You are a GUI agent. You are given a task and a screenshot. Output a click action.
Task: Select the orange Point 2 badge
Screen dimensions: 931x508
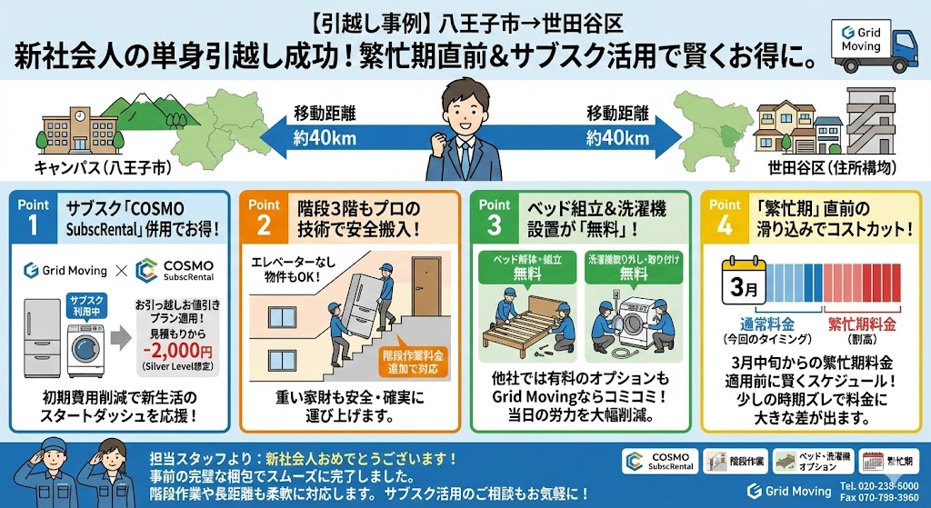pyautogui.click(x=265, y=218)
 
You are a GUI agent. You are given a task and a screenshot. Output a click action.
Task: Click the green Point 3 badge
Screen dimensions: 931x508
pyautogui.click(x=495, y=218)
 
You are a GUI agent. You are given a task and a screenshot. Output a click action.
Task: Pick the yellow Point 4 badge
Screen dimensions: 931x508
pyautogui.click(x=725, y=218)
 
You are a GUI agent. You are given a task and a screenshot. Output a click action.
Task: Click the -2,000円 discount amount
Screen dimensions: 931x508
pyautogui.click(x=177, y=351)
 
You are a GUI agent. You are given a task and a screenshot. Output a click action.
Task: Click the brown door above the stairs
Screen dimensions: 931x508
pyautogui.click(x=426, y=286)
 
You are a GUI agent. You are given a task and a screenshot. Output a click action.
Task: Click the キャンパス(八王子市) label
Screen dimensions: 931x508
pyautogui.click(x=103, y=168)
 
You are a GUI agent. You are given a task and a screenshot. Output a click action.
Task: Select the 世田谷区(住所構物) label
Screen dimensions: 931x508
pyautogui.click(x=832, y=168)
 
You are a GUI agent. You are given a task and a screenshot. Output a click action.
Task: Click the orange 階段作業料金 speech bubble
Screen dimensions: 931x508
pyautogui.click(x=413, y=359)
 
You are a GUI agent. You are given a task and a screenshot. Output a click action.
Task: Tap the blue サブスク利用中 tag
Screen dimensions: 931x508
pyautogui.click(x=87, y=305)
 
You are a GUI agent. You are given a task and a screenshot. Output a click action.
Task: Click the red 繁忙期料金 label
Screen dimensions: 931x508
pyautogui.click(x=862, y=324)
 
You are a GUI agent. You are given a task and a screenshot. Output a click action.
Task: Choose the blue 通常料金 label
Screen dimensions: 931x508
pyautogui.click(x=767, y=324)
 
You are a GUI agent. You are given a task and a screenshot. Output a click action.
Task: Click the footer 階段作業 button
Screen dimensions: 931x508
pyautogui.click(x=735, y=461)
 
